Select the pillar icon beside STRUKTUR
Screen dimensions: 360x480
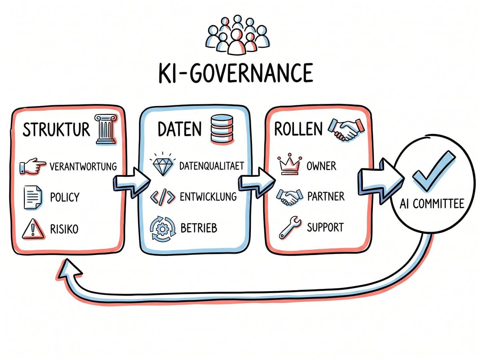tap(106, 129)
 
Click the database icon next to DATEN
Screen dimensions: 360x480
tap(222, 128)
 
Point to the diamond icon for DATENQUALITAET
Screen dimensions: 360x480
tap(162, 166)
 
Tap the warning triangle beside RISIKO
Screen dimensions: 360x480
tap(32, 229)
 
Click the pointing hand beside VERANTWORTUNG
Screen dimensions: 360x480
tap(33, 166)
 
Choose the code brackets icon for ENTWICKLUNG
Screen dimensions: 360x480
tap(162, 197)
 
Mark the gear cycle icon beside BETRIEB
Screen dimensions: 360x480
tap(162, 228)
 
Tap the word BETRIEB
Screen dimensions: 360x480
tap(199, 228)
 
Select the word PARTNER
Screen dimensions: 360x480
tap(326, 196)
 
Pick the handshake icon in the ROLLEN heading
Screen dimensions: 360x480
tap(346, 130)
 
